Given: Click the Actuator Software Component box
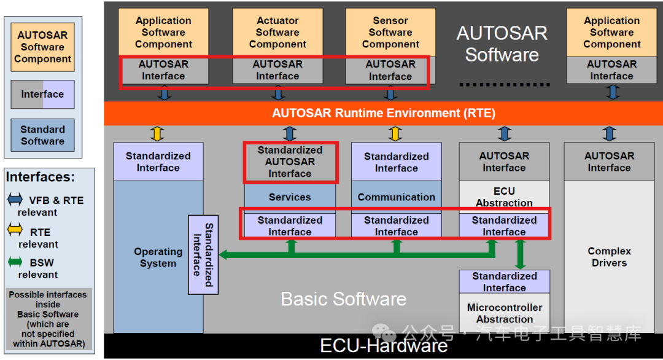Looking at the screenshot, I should click(277, 33).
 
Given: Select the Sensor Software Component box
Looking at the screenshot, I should click(390, 33).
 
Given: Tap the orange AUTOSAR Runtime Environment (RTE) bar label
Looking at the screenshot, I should click(384, 113).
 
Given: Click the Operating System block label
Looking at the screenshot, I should click(158, 257).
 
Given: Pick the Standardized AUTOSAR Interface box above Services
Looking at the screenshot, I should click(290, 162).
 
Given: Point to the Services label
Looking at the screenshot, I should click(290, 197).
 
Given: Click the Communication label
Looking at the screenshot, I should click(396, 197).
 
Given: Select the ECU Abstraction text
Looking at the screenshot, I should click(504, 197).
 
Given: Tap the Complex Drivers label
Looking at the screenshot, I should click(609, 257).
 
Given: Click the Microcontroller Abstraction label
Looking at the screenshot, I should click(505, 313).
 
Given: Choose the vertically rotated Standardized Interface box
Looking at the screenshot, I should click(203, 254).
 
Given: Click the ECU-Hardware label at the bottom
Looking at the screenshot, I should click(384, 346).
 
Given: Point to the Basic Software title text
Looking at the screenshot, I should click(343, 299).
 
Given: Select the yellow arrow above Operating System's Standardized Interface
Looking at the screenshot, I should click(158, 133).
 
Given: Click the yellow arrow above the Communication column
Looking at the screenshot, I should click(396, 133).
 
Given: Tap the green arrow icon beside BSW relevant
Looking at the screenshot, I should click(14, 263).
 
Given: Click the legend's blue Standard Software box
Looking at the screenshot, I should click(42, 135).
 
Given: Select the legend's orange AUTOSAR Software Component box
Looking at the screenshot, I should click(42, 47).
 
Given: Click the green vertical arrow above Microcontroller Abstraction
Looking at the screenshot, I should click(521, 254).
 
